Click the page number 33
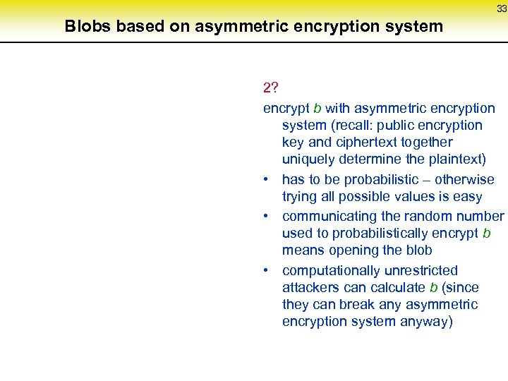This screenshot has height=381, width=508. click(502, 8)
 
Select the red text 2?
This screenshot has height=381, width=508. click(270, 88)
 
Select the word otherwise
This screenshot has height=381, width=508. click(464, 180)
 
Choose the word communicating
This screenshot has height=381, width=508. click(329, 217)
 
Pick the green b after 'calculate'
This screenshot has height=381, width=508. click(433, 288)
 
